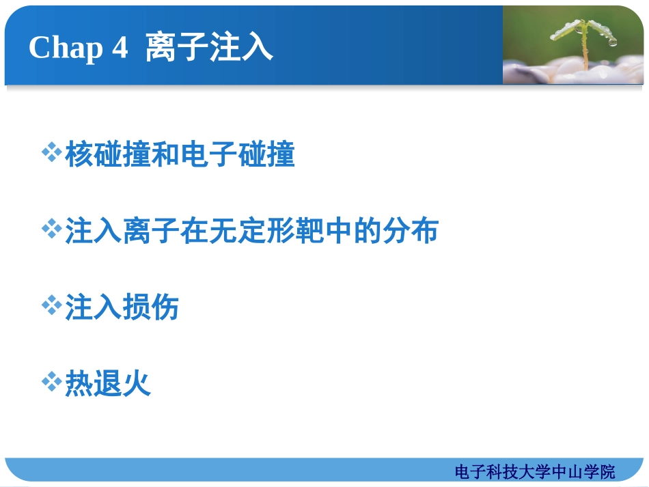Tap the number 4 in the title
[x=120, y=48]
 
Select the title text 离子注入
[x=209, y=48]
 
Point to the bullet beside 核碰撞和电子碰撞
[x=52, y=153]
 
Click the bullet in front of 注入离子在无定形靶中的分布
[x=52, y=229]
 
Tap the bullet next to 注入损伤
[x=52, y=305]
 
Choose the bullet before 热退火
[x=52, y=382]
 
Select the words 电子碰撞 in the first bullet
[x=238, y=155]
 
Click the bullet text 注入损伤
[x=122, y=307]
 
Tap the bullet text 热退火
[x=108, y=384]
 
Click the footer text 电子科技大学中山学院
[x=534, y=471]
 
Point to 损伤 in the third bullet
[x=151, y=307]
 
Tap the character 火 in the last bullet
[x=137, y=384]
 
